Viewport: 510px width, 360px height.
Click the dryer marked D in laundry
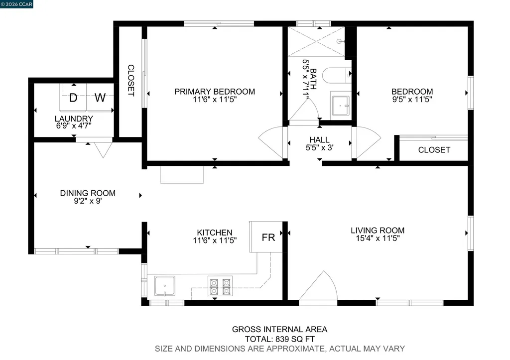click(73, 98)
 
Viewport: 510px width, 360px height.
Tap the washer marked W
click(100, 98)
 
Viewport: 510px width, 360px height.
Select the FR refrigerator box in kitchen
click(268, 237)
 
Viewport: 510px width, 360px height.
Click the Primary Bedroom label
click(215, 92)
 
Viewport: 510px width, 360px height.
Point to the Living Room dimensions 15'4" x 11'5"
click(378, 239)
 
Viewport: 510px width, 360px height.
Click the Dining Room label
click(88, 193)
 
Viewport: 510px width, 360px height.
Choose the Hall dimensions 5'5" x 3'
click(319, 148)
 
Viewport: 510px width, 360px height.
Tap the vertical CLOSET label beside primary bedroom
click(131, 80)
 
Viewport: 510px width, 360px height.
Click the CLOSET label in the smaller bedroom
click(434, 150)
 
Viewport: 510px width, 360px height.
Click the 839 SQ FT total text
click(279, 339)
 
